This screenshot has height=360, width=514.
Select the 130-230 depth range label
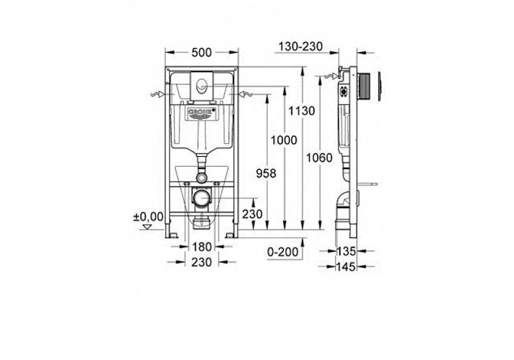tap(300, 46)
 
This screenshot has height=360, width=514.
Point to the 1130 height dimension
tap(303, 111)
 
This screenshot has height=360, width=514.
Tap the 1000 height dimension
tap(284, 140)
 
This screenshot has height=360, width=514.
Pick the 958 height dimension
tap(266, 173)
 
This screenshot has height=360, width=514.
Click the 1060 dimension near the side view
tap(319, 158)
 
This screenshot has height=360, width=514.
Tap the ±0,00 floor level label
tap(148, 215)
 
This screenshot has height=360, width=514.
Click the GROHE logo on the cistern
tap(200, 113)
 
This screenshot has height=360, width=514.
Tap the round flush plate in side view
tap(368, 85)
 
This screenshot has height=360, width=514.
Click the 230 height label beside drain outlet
tap(253, 214)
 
